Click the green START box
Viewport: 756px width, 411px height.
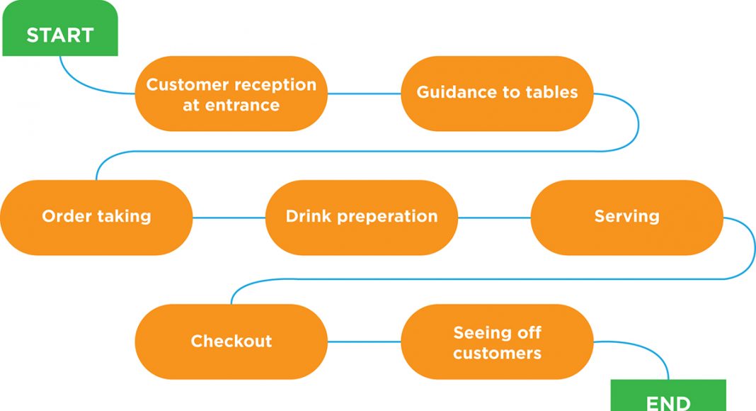click(x=59, y=28)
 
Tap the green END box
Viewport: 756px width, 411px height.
click(x=668, y=395)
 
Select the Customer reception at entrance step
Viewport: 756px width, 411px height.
click(x=231, y=94)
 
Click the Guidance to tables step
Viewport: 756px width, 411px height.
click(x=497, y=94)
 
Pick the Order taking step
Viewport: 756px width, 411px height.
click(x=96, y=218)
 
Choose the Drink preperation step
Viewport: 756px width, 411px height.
click(x=362, y=218)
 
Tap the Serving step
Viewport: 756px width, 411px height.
click(x=626, y=218)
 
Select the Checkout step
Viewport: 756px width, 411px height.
click(x=231, y=342)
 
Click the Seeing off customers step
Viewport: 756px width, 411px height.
click(x=497, y=342)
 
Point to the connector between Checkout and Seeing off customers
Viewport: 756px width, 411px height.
click(x=364, y=342)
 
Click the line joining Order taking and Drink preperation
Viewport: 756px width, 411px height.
click(x=229, y=218)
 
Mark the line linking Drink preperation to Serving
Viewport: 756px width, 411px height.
click(x=494, y=218)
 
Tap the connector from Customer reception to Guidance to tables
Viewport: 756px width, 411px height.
click(x=364, y=94)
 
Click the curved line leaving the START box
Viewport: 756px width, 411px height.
click(x=87, y=85)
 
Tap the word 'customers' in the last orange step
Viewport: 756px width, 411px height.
click(x=497, y=353)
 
